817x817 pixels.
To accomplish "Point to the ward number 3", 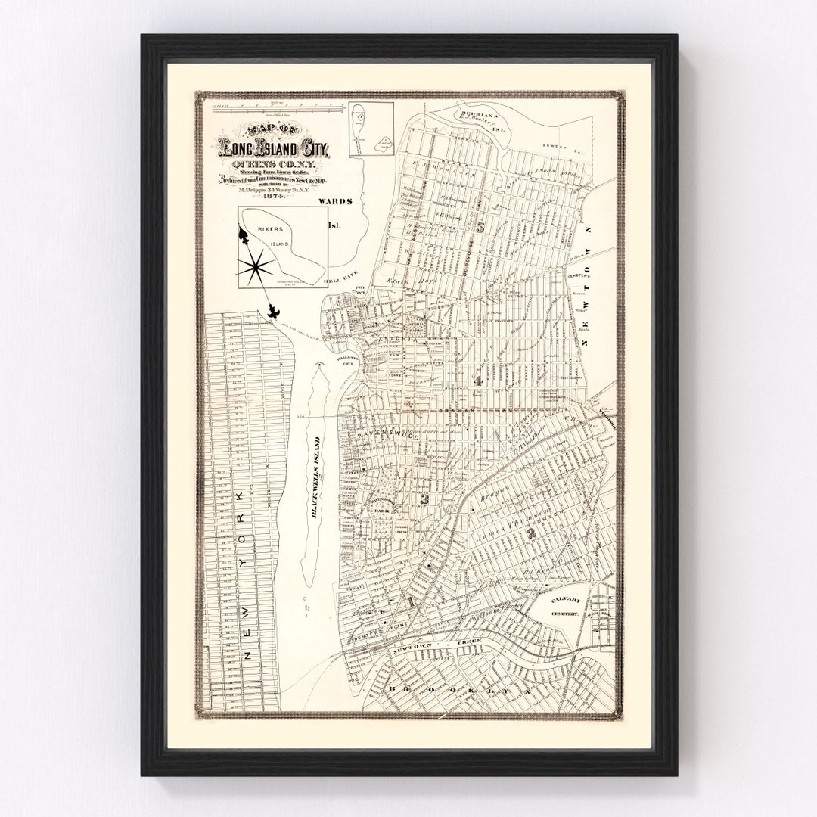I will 425,499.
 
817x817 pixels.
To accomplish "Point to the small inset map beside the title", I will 371,130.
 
